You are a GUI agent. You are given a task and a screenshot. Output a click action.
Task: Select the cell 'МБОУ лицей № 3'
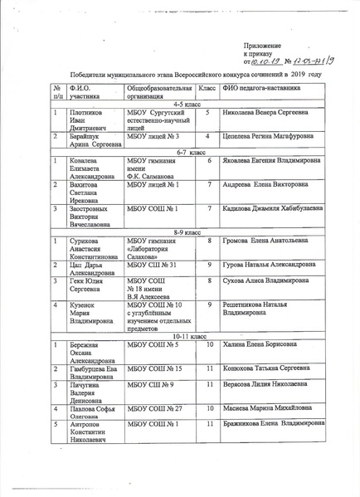point(153,135)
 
